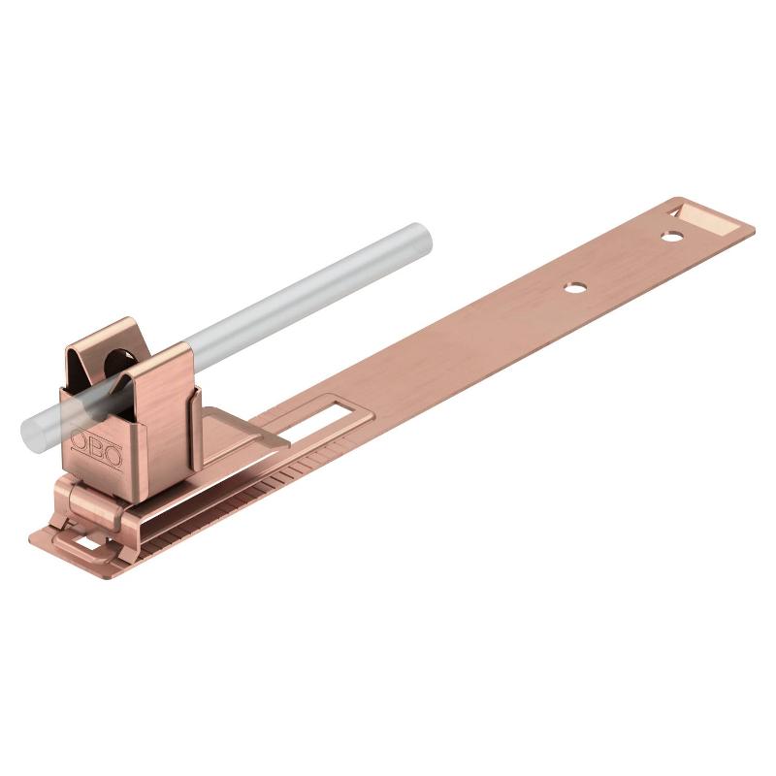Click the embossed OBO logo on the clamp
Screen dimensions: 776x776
(96, 449)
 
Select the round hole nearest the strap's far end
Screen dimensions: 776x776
(672, 237)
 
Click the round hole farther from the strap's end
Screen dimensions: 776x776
(574, 287)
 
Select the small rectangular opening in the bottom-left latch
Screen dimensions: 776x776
(89, 545)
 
